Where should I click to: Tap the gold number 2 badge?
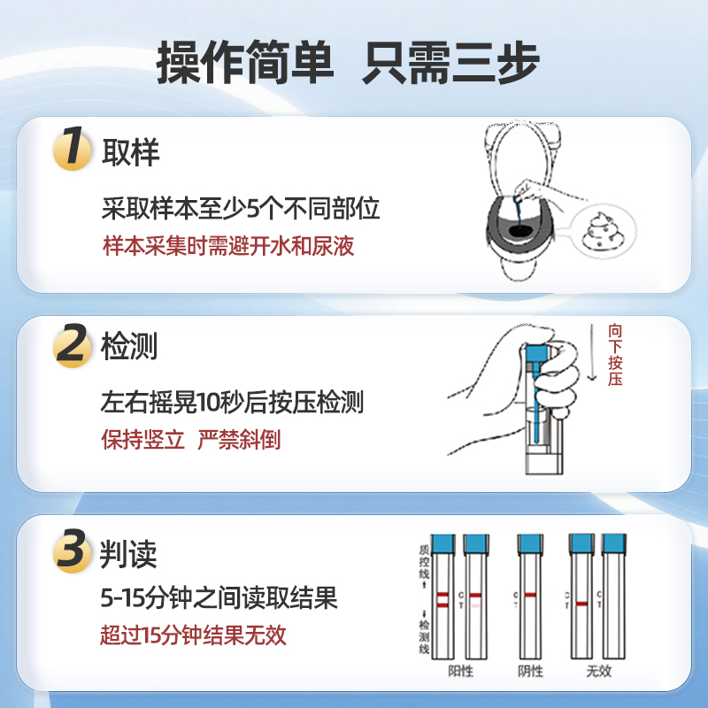(x=73, y=346)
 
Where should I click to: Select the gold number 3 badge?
(x=73, y=553)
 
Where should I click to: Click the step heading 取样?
(x=131, y=152)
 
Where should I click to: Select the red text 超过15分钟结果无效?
(x=194, y=635)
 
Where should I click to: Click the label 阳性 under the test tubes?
(x=460, y=671)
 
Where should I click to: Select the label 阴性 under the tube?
(x=531, y=671)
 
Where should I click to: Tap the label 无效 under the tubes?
(x=598, y=671)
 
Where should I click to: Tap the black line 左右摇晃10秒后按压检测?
(x=233, y=404)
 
